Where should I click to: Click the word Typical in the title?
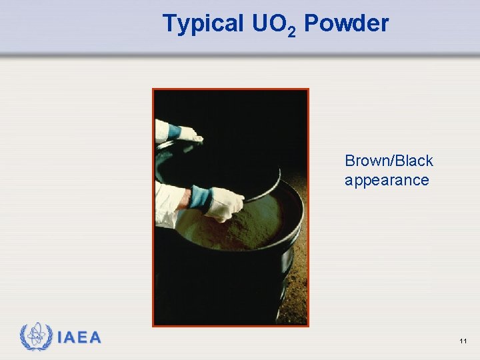pos(203,24)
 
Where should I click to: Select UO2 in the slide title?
pos(274,25)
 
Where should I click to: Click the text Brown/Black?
pos(389,161)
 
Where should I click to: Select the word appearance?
pos(387,180)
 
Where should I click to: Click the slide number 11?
pos(463,341)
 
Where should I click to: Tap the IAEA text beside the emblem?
pos(79,338)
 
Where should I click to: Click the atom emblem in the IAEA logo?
pos(36,337)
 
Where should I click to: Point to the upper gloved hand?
pos(189,133)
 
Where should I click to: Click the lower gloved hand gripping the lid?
pos(224,203)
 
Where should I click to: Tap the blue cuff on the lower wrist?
pos(200,197)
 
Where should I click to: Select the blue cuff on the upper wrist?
pos(173,131)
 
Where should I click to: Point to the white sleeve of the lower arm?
pos(170,200)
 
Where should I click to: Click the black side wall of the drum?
pos(227,287)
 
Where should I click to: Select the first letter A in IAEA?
pos(71,338)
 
